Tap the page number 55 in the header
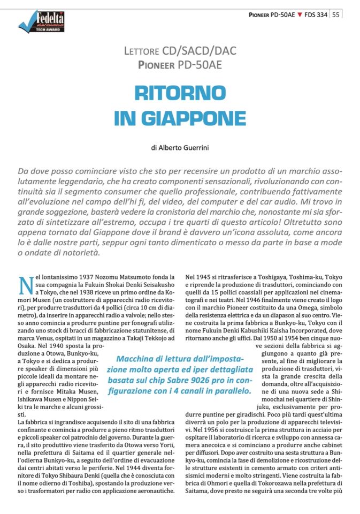pyautogui.click(x=335, y=14)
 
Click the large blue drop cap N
pyautogui.click(x=25, y=285)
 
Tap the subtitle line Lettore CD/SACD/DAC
pyautogui.click(x=180, y=51)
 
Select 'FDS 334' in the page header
pyautogui.click(x=316, y=14)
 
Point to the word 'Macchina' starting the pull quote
pyautogui.click(x=135, y=359)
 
